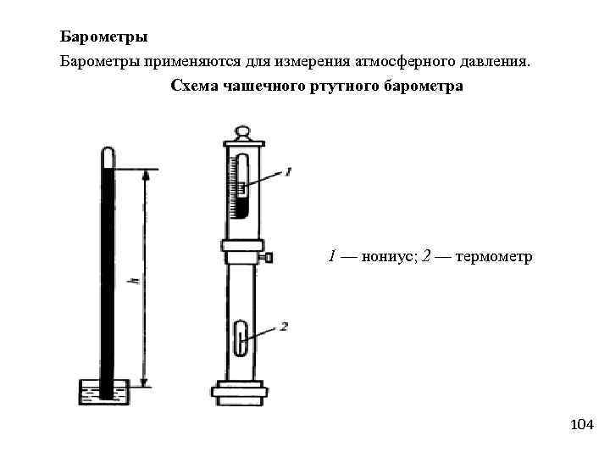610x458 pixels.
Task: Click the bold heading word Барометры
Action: pyautogui.click(x=104, y=38)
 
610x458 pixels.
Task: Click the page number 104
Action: pyautogui.click(x=582, y=424)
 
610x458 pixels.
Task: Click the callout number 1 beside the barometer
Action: pyautogui.click(x=289, y=171)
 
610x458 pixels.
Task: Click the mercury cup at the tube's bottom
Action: pyautogui.click(x=103, y=393)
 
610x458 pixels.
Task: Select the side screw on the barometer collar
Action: pyautogui.click(x=269, y=256)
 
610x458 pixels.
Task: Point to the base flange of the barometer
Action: pyautogui.click(x=241, y=391)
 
